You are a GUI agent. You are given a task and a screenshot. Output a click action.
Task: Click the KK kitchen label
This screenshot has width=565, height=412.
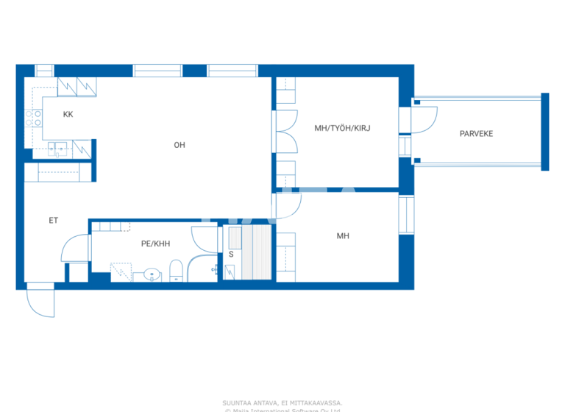coord(68,114)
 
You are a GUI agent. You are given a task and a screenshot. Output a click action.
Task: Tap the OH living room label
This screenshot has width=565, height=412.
coord(179,145)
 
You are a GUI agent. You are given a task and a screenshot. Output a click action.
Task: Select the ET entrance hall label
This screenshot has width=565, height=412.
coord(53,220)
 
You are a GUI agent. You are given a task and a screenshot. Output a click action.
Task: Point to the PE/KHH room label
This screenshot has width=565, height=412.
coord(155,243)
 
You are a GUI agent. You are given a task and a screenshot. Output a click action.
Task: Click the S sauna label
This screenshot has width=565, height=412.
coord(231,254)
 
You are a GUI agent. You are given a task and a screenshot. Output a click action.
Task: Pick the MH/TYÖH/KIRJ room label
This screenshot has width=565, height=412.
coord(342,128)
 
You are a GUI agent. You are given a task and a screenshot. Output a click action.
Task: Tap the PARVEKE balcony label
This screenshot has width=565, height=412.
coord(476,133)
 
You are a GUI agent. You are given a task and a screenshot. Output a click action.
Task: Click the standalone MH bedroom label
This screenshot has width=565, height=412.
coord(343,236)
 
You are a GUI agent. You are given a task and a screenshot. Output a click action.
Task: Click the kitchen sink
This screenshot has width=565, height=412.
coord(58,149)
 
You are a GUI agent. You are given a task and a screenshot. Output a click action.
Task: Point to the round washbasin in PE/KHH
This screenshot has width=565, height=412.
coord(152,274)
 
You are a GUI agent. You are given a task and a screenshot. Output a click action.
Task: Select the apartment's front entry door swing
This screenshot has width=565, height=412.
coord(40,302)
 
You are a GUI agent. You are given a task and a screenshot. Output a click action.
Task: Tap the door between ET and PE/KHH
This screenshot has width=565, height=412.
coord(75,248)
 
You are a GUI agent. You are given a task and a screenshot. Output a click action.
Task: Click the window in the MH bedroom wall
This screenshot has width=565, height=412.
coord(404,213)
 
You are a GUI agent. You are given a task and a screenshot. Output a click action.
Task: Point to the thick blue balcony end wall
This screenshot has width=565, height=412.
coord(545,132)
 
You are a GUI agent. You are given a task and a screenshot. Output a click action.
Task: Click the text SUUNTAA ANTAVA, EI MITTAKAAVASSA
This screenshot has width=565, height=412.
coord(282,402)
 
